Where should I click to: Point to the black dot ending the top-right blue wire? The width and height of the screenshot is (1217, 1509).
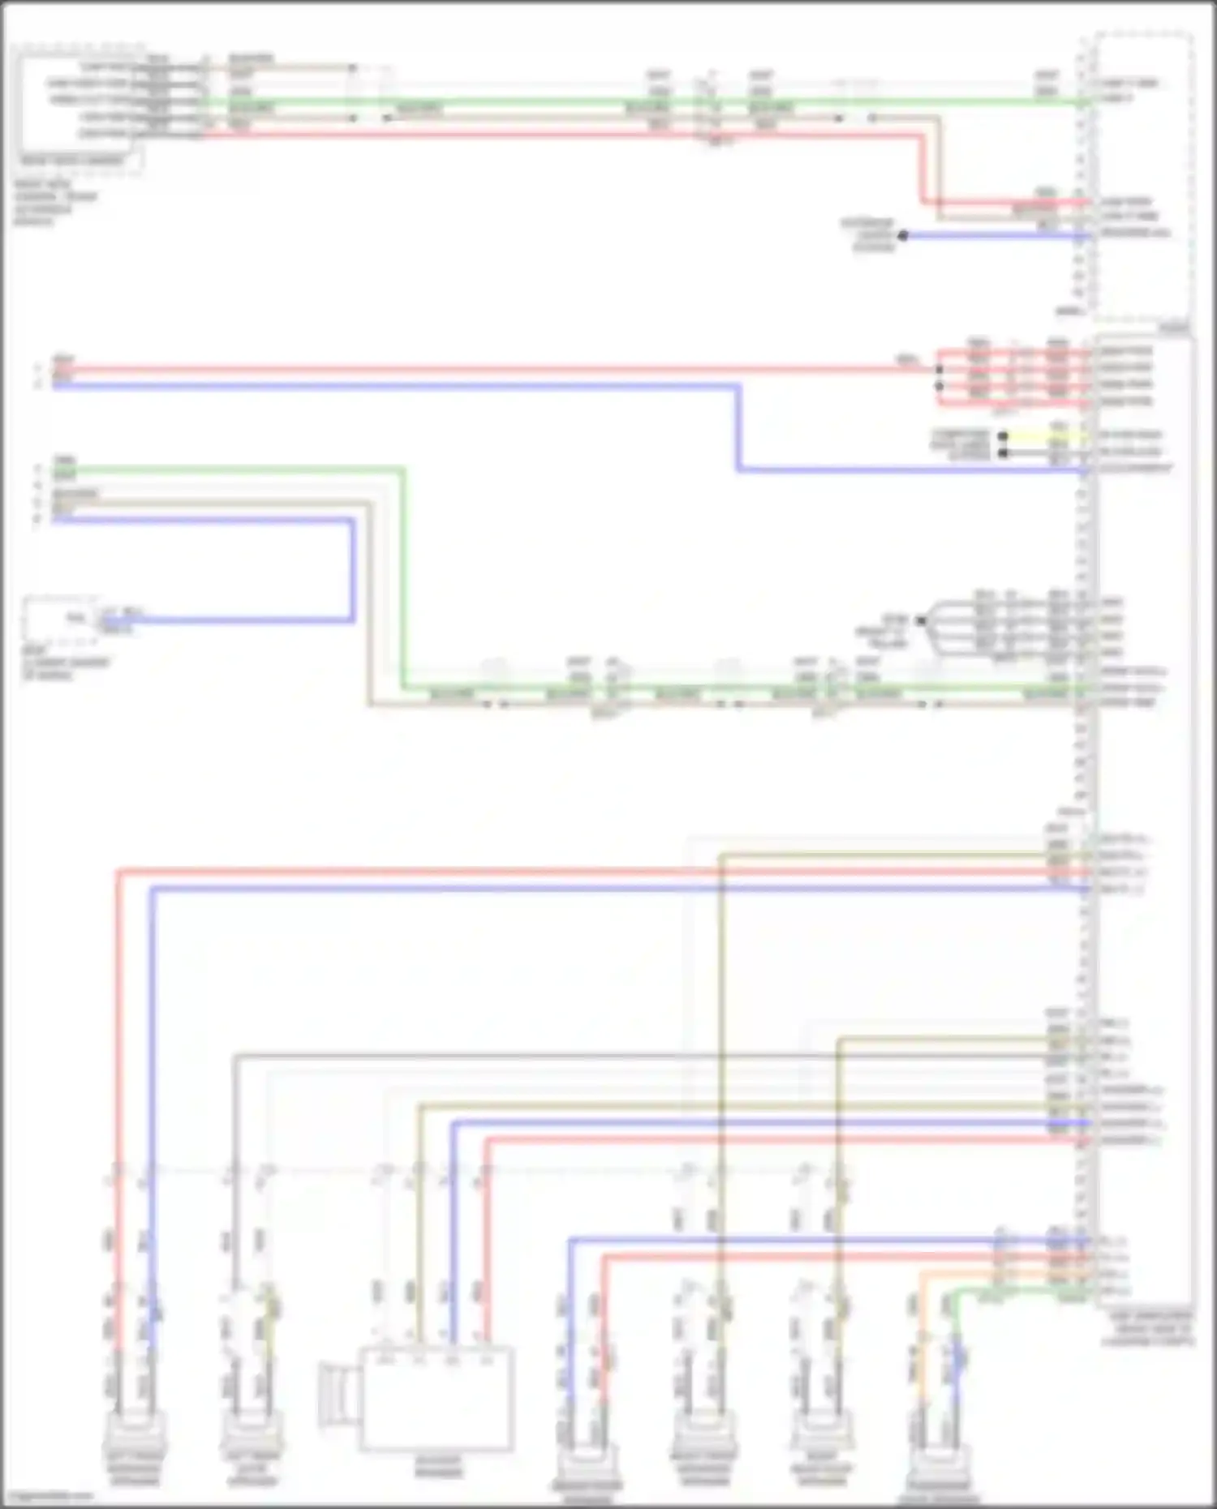point(902,236)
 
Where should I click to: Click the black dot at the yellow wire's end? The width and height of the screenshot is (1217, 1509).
point(1003,436)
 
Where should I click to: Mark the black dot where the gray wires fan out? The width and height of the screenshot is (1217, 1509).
point(921,621)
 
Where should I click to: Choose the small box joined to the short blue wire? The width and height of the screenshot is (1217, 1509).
point(61,619)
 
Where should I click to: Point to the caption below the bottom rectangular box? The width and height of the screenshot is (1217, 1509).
point(438,1466)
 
